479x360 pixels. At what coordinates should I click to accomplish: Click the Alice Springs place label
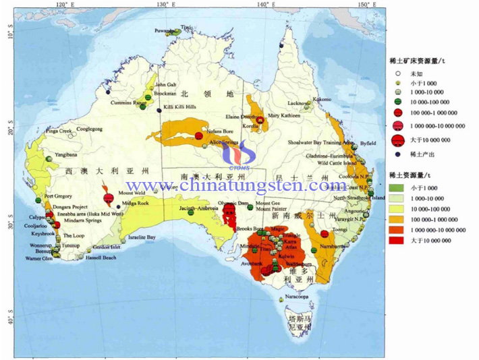click(225, 144)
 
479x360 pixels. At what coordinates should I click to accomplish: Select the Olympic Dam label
click(233, 203)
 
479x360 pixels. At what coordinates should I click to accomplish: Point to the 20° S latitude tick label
click(9, 126)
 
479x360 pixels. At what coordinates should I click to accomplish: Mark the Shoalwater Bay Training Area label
click(321, 143)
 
